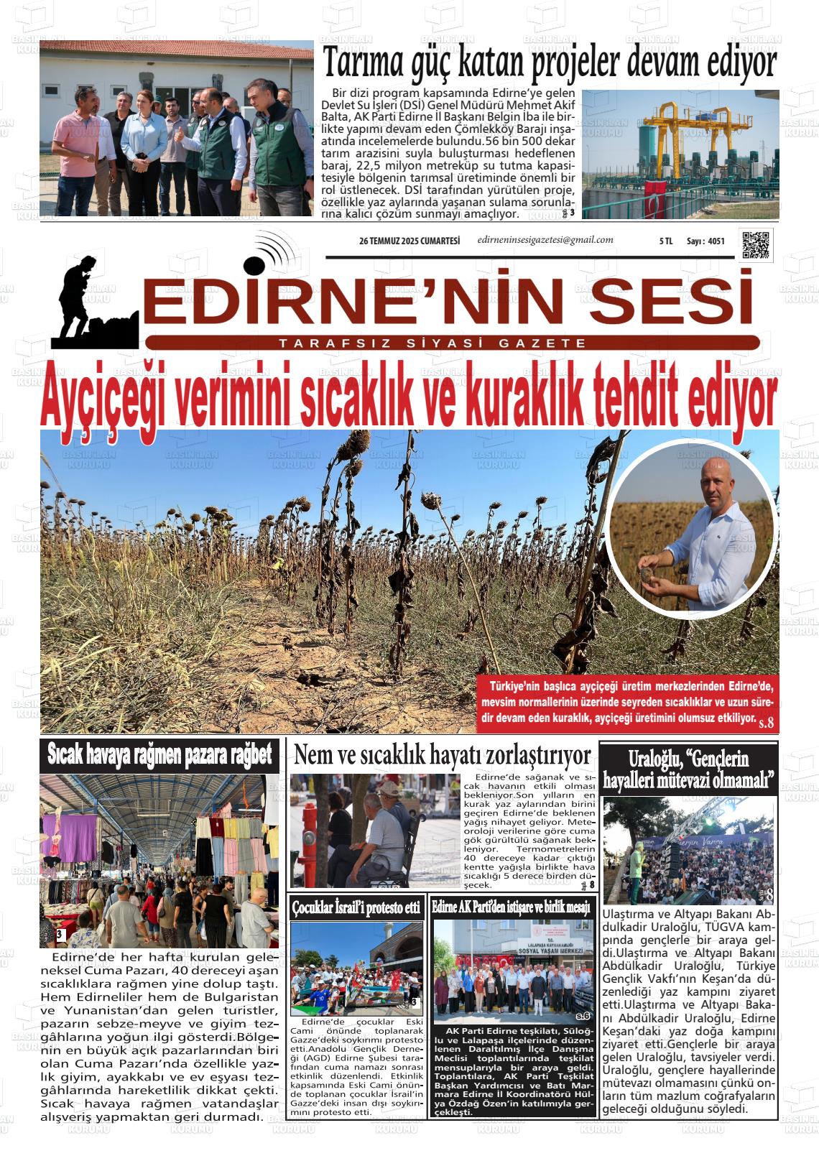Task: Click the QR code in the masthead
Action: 755,245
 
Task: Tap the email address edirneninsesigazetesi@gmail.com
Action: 545,240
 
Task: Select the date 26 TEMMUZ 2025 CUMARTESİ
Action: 409,241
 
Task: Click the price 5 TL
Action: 665,242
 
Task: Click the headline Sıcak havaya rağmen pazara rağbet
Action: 159,755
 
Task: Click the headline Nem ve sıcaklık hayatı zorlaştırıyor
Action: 443,755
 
